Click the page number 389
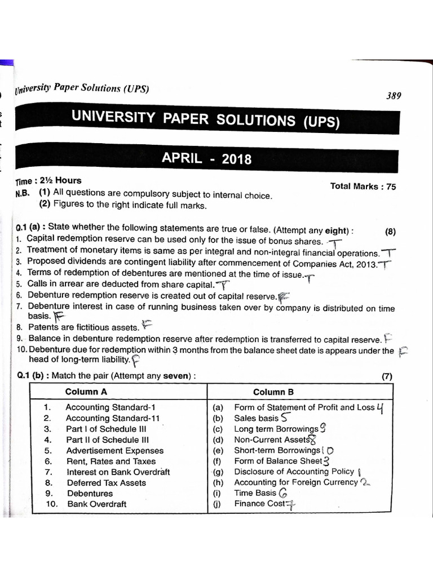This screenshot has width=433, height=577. coord(394,96)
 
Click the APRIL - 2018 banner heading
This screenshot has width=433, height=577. coord(207,158)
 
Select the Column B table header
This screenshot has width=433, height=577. coord(273,392)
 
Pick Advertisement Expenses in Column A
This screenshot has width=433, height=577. coord(114,451)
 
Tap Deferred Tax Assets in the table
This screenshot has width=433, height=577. coord(106,483)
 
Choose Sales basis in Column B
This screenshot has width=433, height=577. coord(256,418)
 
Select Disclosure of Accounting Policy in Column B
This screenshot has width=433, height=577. coord(294,472)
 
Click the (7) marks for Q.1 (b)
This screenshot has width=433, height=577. coord(387,377)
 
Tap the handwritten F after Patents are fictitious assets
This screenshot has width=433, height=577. coord(147,325)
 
